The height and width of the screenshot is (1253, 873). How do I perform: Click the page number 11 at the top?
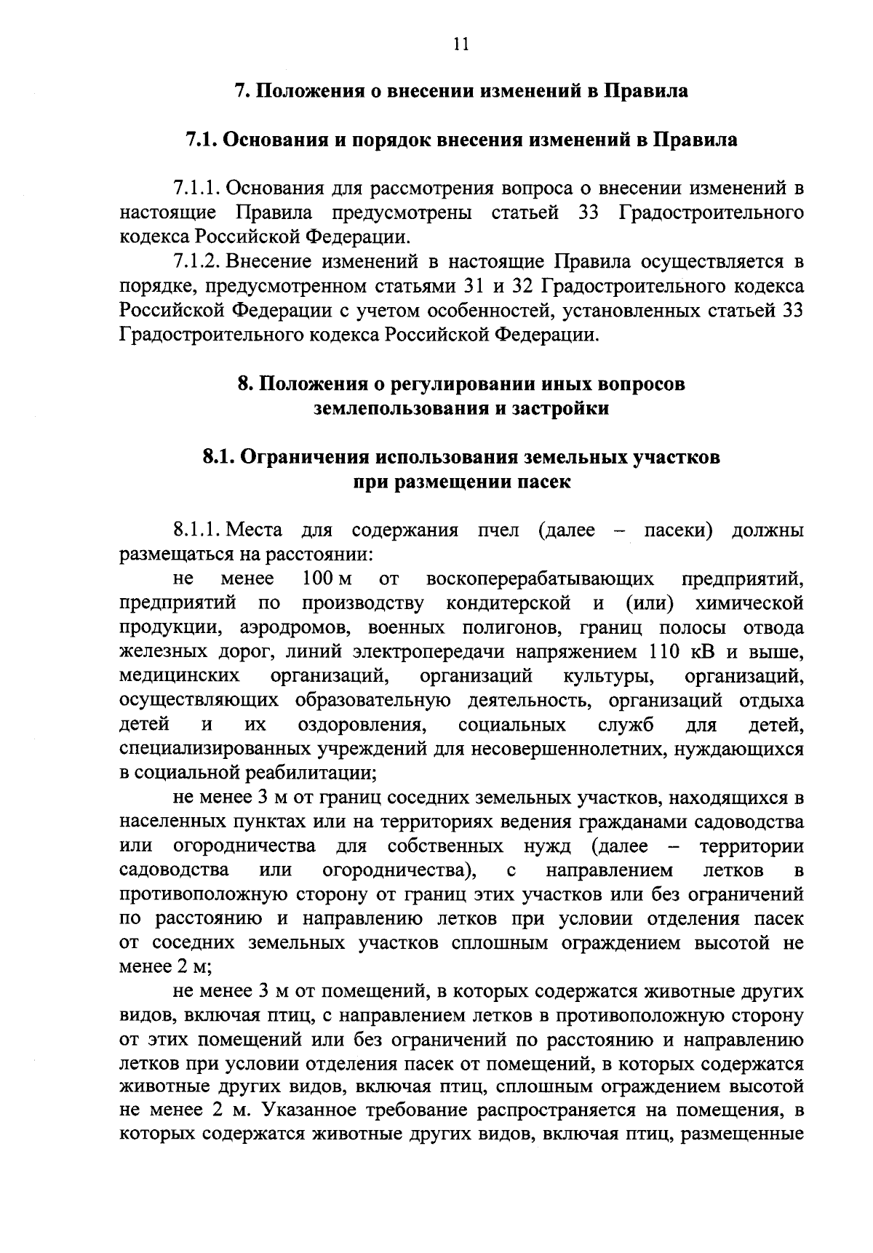pyautogui.click(x=460, y=44)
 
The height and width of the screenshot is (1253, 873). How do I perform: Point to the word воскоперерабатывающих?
pyautogui.click(x=541, y=579)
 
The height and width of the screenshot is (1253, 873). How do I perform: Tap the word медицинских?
pyautogui.click(x=180, y=676)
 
